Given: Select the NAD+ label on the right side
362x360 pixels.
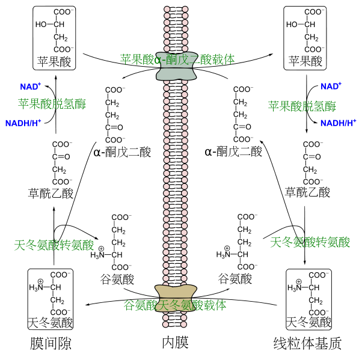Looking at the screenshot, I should pyautogui.click(x=330, y=86).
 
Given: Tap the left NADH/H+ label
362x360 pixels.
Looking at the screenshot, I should pyautogui.click(x=23, y=123).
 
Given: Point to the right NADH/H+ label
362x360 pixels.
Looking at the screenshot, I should pyautogui.click(x=338, y=123).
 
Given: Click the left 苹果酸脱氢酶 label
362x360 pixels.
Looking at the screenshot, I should pyautogui.click(x=52, y=104).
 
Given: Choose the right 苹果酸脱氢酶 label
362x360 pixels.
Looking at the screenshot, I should pyautogui.click(x=302, y=106).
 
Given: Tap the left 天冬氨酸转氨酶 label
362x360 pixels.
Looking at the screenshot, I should pyautogui.click(x=54, y=245).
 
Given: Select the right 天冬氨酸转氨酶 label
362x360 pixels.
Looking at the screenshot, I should pyautogui.click(x=310, y=242).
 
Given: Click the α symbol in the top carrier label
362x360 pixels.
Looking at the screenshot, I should pyautogui.click(x=158, y=59).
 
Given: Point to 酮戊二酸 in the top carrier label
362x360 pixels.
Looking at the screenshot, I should pyautogui.click(x=188, y=59).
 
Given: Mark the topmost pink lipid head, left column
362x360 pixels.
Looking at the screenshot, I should pyautogui.click(x=167, y=10).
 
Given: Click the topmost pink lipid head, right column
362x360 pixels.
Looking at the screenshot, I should pyautogui.click(x=185, y=10).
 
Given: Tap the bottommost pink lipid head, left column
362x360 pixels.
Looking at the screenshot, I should pyautogui.click(x=166, y=325).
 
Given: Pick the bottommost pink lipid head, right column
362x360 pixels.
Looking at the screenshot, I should pyautogui.click(x=183, y=325).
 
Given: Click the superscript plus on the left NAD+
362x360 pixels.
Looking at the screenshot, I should pyautogui.click(x=39, y=84).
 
